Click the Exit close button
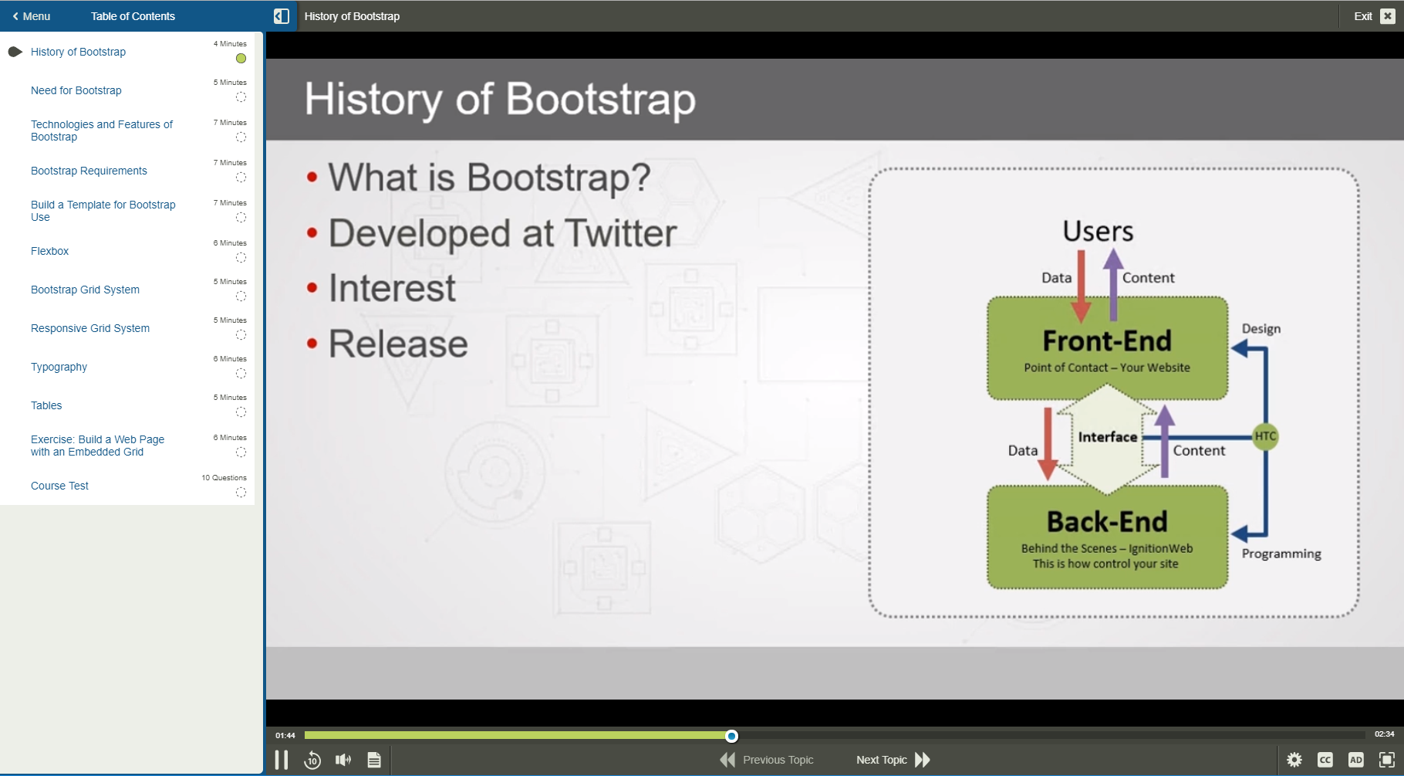pyautogui.click(x=1387, y=16)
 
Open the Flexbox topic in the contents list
pyautogui.click(x=49, y=251)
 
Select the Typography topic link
pyautogui.click(x=59, y=367)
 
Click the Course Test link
pyautogui.click(x=59, y=486)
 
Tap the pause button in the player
pyautogui.click(x=282, y=760)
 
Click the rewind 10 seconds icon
pyautogui.click(x=312, y=760)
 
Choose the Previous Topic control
pyautogui.click(x=767, y=760)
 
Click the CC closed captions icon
pyautogui.click(x=1325, y=760)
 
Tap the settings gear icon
pyautogui.click(x=1294, y=760)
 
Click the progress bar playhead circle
pyautogui.click(x=731, y=736)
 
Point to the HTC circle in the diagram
pyautogui.click(x=1265, y=436)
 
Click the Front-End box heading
pyautogui.click(x=1106, y=341)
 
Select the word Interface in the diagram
pyautogui.click(x=1107, y=437)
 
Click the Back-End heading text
pyautogui.click(x=1106, y=522)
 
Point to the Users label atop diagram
pyautogui.click(x=1098, y=231)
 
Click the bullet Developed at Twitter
pyautogui.click(x=502, y=233)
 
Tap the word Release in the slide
pyautogui.click(x=398, y=344)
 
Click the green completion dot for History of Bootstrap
pyautogui.click(x=241, y=59)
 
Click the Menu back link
pyautogui.click(x=32, y=16)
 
